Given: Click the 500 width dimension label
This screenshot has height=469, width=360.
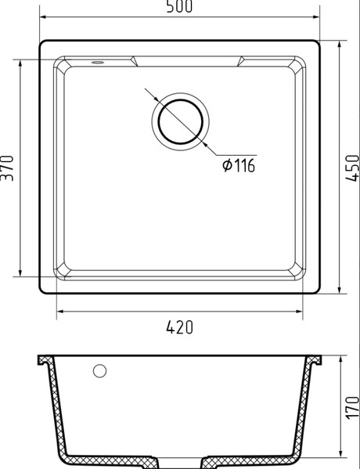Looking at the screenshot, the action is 179,6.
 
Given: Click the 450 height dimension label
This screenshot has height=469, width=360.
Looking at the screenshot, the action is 352,168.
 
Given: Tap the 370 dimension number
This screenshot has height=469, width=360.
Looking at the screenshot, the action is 7,168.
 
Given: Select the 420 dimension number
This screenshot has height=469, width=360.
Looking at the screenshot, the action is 180,327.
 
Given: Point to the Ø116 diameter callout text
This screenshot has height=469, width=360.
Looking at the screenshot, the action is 239,165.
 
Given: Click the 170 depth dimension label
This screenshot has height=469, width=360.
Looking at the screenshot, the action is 352,408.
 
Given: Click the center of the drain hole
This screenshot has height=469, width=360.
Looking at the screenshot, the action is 180,121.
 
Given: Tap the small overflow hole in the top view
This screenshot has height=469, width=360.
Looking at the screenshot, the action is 98,62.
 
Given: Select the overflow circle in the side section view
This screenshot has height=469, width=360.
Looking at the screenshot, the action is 99,371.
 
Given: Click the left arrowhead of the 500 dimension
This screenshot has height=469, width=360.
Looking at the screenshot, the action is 42,17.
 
